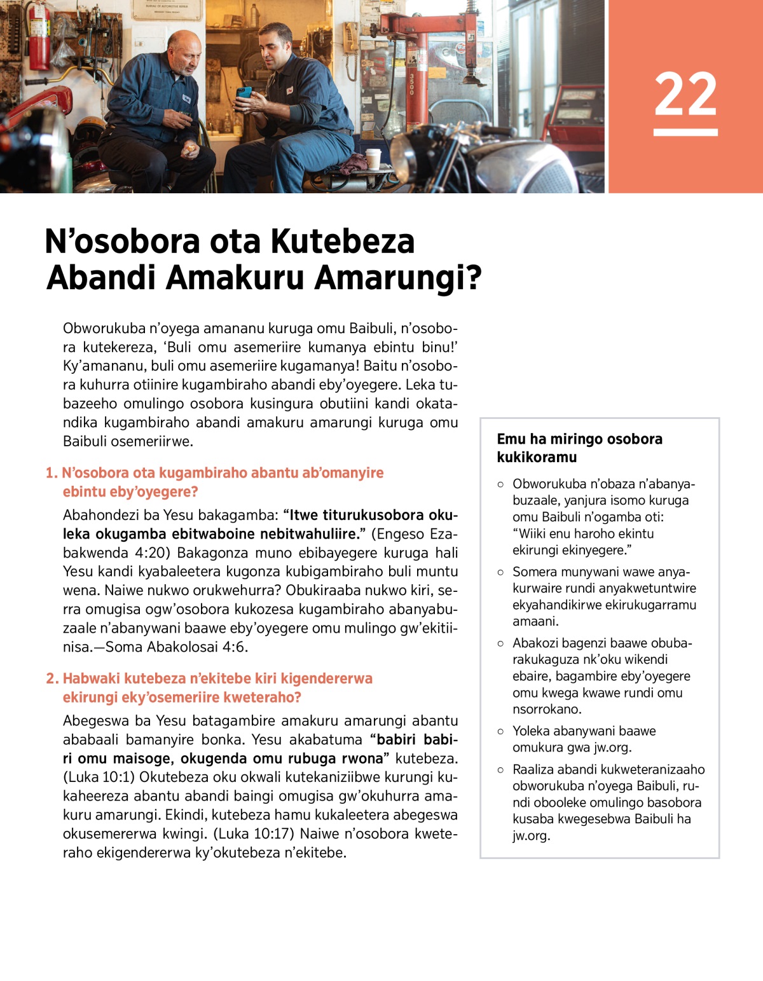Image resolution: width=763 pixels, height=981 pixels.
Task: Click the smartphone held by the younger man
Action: coord(244,93)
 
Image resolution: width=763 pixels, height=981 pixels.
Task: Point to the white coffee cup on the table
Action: coord(373,158)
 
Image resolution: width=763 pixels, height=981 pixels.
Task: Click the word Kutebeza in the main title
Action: coord(343,242)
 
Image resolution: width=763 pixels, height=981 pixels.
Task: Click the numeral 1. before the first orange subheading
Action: coord(51,473)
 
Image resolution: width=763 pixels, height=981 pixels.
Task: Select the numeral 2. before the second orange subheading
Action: coord(52,678)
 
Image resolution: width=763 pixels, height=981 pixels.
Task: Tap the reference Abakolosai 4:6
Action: coord(195,647)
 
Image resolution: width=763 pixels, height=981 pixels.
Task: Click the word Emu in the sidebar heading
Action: coord(511,439)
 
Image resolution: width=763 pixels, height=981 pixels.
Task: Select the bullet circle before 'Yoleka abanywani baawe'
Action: coord(500,732)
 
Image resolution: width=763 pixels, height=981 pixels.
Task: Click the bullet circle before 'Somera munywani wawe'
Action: coord(500,572)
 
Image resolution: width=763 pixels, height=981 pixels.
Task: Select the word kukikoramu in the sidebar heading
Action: coord(537,457)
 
